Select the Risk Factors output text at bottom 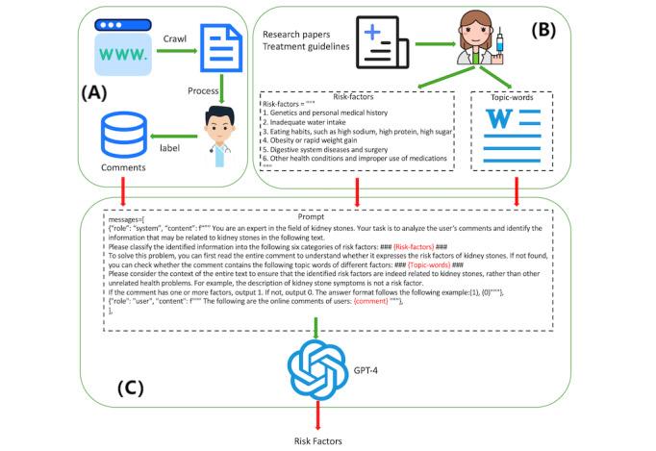tap(317, 439)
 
